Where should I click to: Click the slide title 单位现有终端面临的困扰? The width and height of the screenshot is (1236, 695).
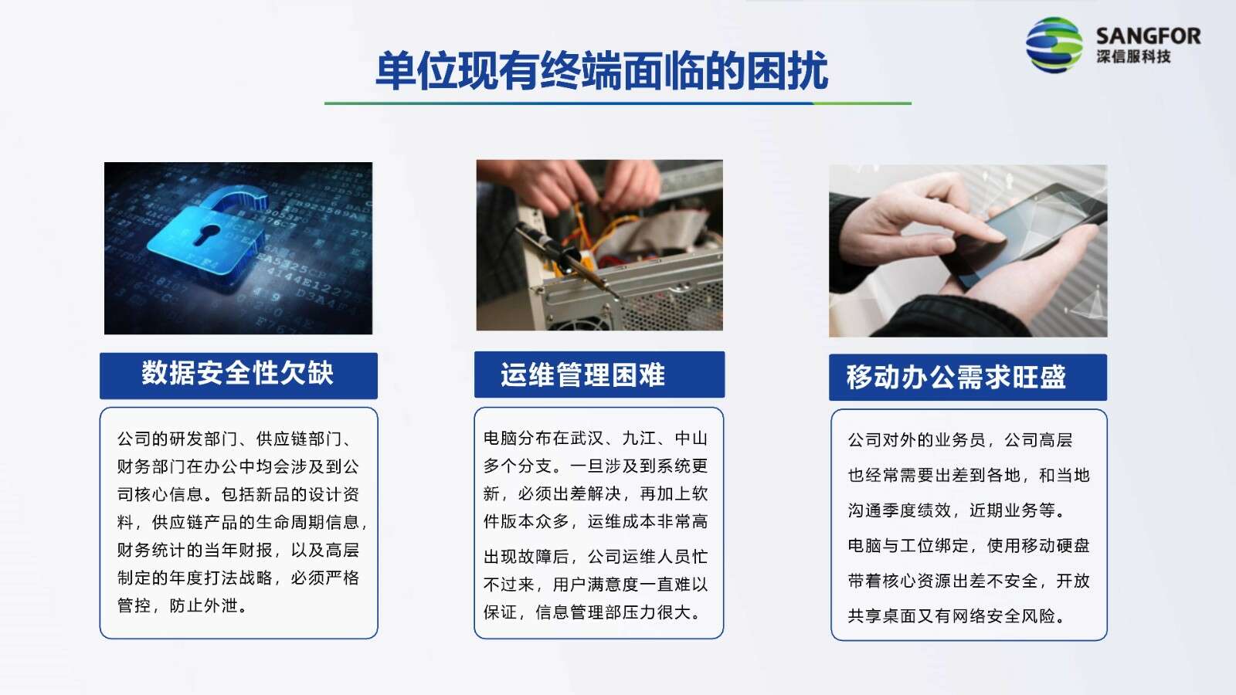click(602, 70)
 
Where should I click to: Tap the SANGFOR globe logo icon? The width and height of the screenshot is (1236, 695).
click(1054, 45)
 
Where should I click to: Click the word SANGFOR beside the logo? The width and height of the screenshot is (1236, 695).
click(1148, 36)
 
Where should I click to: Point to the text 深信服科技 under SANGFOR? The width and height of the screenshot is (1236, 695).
click(1133, 56)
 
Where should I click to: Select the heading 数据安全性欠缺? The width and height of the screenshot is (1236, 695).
click(238, 374)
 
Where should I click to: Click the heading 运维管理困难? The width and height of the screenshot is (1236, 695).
click(583, 375)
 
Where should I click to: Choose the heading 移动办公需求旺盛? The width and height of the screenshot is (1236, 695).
click(956, 378)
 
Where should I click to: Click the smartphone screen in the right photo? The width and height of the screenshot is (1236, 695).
click(1027, 232)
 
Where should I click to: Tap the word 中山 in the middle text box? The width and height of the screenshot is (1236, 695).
click(691, 439)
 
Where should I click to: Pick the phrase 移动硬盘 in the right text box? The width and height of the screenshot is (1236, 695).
click(1055, 545)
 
